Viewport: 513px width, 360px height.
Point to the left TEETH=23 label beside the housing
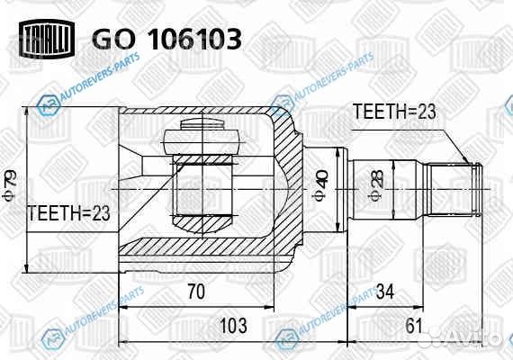pyautogui.click(x=68, y=213)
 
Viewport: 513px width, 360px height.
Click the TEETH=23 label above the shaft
pyautogui.click(x=392, y=112)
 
